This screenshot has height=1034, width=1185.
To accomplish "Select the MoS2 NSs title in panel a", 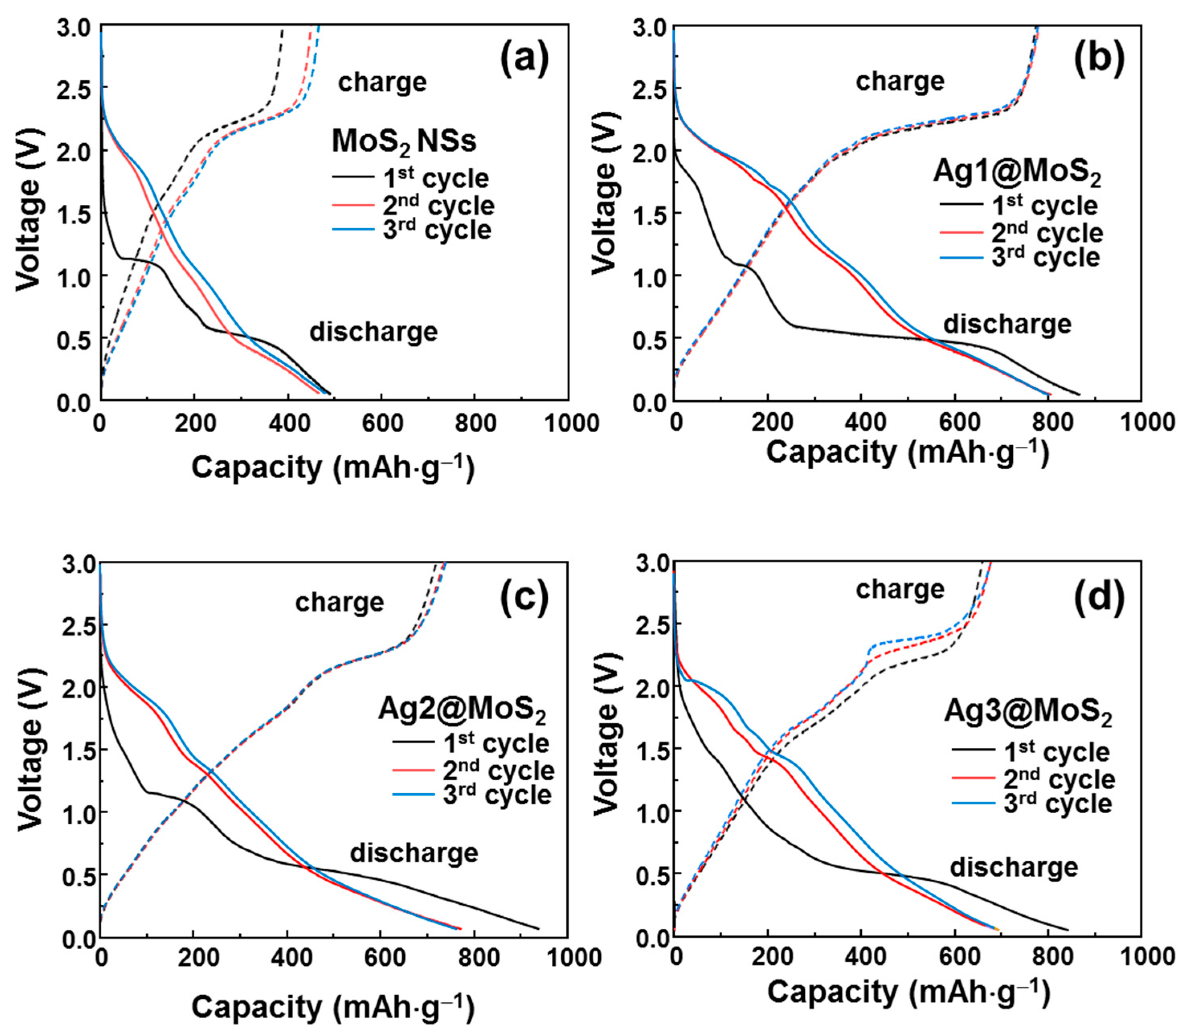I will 404,141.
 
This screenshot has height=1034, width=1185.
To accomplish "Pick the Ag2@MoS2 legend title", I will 462,710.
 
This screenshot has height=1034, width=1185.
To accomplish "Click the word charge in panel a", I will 382,83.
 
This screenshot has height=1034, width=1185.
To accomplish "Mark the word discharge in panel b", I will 1007,324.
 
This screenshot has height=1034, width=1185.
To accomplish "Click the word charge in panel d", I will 900,590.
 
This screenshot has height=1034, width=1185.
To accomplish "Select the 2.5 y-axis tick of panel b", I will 652,88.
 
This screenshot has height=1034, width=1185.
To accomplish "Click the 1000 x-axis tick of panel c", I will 566,959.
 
